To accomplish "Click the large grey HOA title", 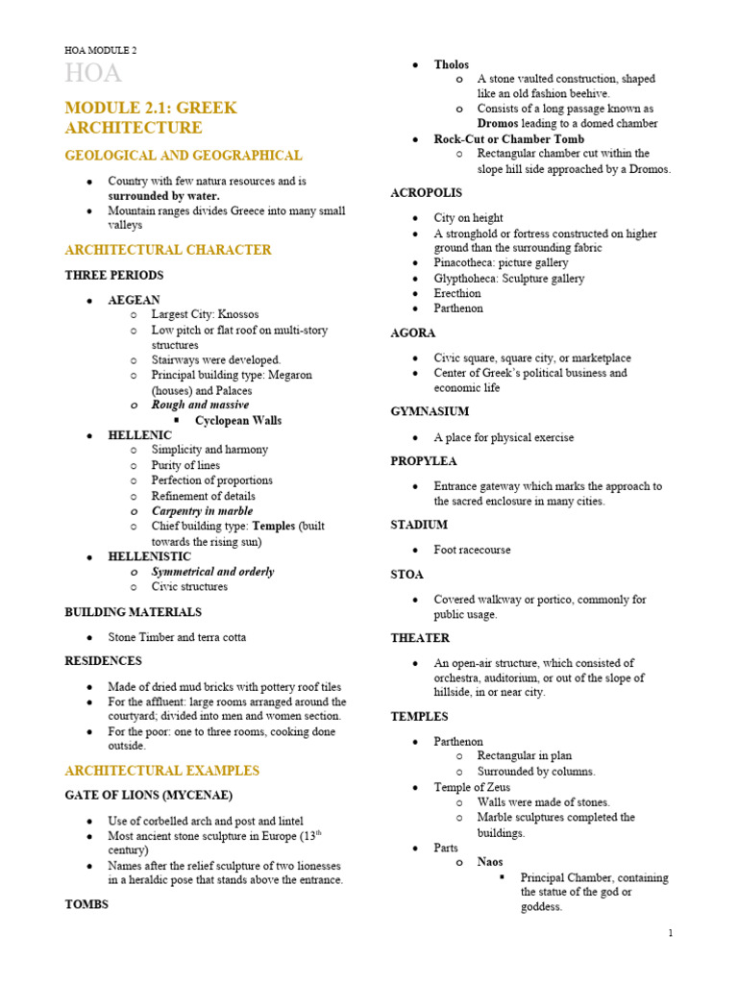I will [93, 74].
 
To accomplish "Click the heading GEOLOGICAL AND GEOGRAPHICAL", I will [183, 155].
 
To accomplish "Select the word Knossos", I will [238, 314].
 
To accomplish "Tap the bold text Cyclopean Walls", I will [238, 420].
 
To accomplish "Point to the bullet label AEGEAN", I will [134, 300].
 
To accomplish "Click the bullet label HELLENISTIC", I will [149, 556].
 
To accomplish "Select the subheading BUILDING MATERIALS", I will [133, 611].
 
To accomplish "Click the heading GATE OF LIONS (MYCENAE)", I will [148, 795].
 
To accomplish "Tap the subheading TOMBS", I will [86, 904].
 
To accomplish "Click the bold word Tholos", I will [452, 64].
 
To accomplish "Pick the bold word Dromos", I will [499, 124].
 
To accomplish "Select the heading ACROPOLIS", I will [428, 193].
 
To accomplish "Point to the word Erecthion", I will [457, 293].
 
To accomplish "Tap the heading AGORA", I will [413, 332].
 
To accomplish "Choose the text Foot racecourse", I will [472, 550].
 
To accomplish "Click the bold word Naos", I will [490, 862].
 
